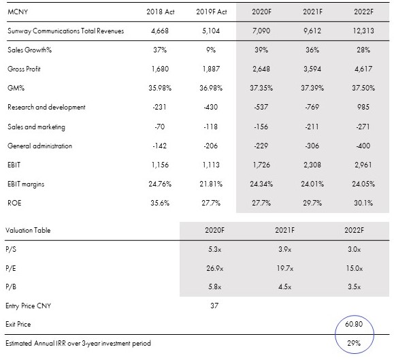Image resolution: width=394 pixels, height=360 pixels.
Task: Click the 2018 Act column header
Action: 161,12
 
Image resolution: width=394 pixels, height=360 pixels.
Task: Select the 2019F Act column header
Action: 212,12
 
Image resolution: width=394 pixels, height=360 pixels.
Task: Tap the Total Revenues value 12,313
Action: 363,31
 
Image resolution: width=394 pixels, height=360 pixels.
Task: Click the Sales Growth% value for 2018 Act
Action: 160,50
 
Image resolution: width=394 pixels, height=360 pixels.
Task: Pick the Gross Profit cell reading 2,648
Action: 261,69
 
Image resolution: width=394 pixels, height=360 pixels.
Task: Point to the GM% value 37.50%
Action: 363,88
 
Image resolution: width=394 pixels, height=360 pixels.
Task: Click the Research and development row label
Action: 46,108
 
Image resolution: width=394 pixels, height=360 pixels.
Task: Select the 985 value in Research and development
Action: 363,107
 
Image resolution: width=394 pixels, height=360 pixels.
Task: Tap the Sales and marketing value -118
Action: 211,127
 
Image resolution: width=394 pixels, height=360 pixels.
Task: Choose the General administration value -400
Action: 363,146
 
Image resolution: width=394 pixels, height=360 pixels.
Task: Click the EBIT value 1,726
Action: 261,165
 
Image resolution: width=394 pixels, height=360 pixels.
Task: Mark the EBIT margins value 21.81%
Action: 211,184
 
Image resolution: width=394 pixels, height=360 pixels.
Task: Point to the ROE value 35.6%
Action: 160,203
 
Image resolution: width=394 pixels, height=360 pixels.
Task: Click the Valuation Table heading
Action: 28,231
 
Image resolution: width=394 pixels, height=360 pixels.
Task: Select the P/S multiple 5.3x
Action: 214,250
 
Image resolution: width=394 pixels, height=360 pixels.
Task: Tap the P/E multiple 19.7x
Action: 285,269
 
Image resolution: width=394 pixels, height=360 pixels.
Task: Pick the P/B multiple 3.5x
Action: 355,287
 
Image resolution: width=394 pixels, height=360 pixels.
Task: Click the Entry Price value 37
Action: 214,306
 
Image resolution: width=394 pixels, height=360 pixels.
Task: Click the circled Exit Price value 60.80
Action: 354,324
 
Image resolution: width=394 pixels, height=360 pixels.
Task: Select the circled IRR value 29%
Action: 354,343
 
